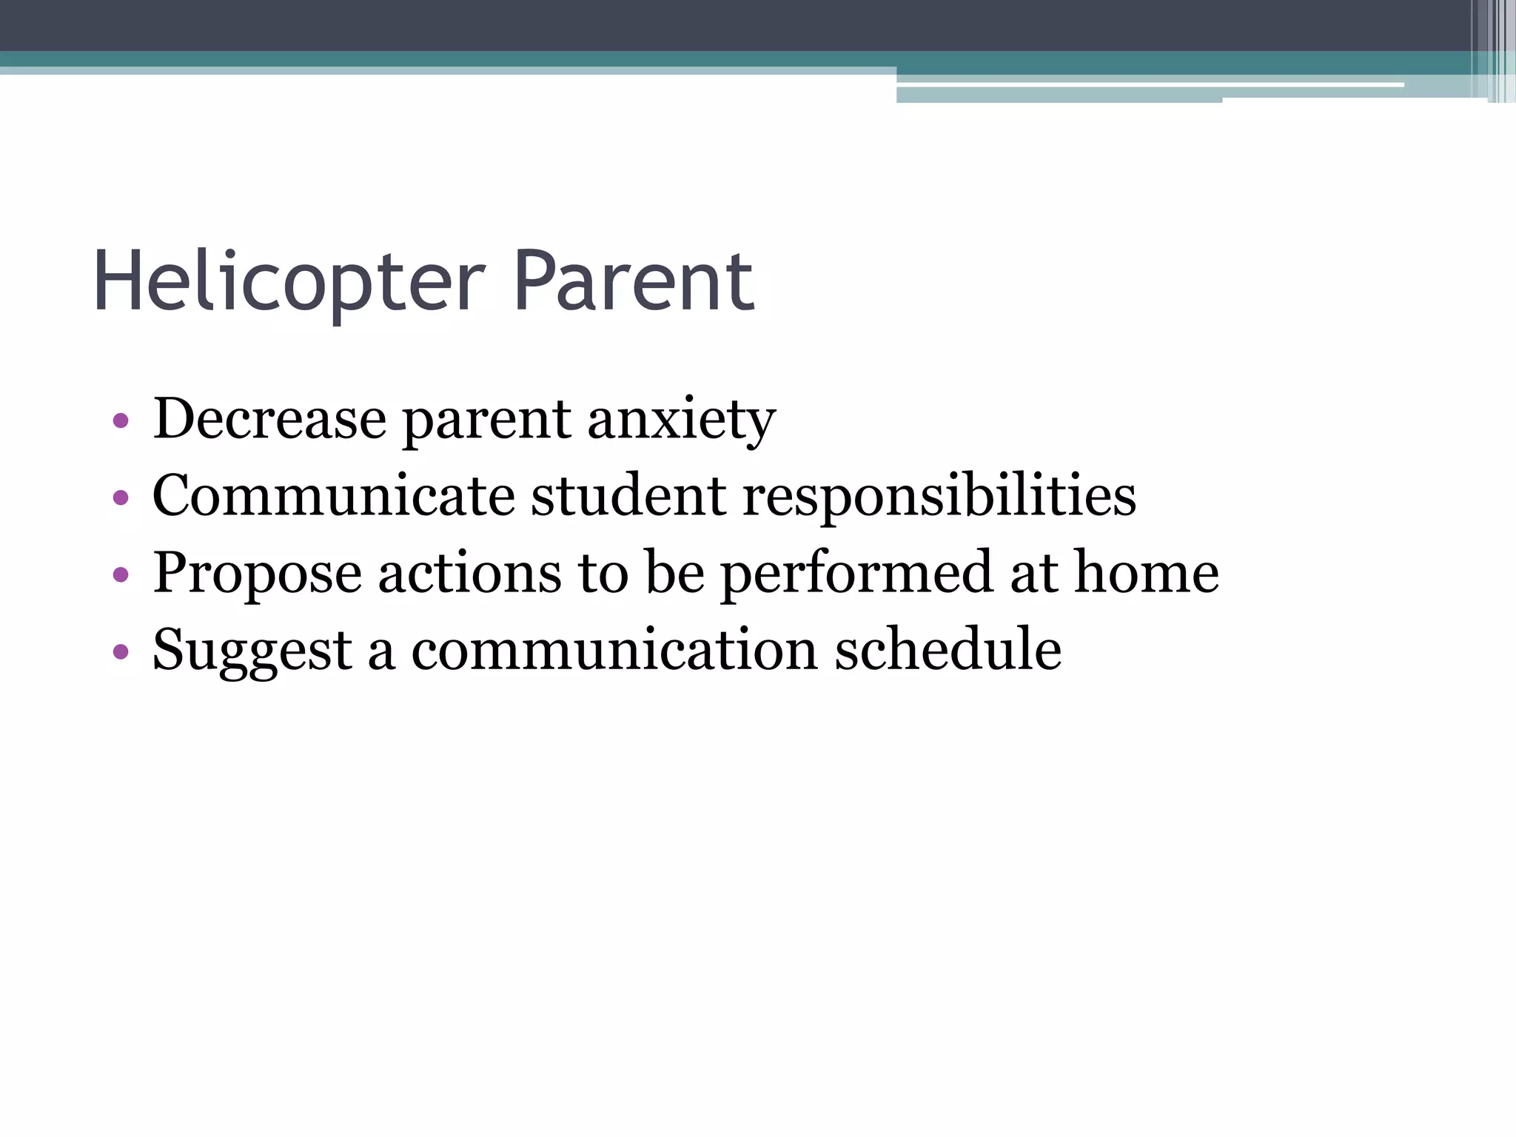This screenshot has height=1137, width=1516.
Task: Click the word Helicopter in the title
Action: (x=289, y=282)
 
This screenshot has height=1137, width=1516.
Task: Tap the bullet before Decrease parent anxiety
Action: (x=121, y=421)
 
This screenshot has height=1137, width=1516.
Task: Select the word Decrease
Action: (x=269, y=419)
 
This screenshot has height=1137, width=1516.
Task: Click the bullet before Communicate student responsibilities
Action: (x=121, y=498)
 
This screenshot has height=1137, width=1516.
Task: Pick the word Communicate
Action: (x=333, y=496)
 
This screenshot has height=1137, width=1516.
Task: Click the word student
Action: (x=628, y=496)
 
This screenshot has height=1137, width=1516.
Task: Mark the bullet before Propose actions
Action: (x=121, y=575)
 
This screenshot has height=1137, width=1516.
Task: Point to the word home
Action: (x=1146, y=573)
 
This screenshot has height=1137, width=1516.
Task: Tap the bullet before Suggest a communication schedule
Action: (x=121, y=652)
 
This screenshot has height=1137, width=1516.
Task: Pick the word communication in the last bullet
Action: (x=614, y=650)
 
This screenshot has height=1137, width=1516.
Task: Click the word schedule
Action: (x=948, y=650)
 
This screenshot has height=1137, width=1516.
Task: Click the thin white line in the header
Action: (x=1147, y=85)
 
